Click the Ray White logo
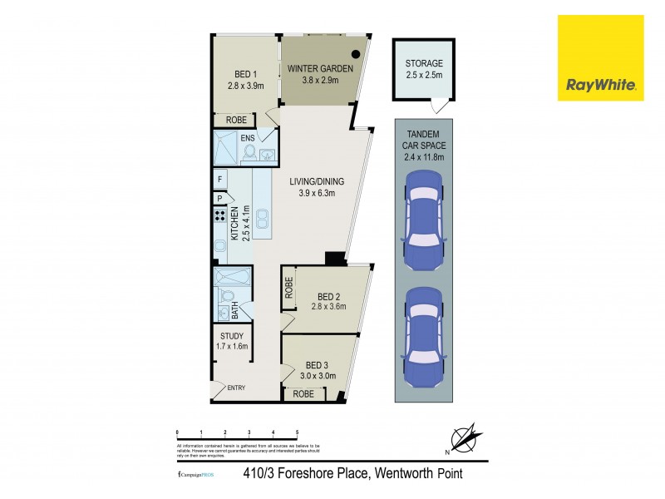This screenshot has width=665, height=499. [600, 58]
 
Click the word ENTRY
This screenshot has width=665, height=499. [235, 388]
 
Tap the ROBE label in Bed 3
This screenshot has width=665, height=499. [303, 394]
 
